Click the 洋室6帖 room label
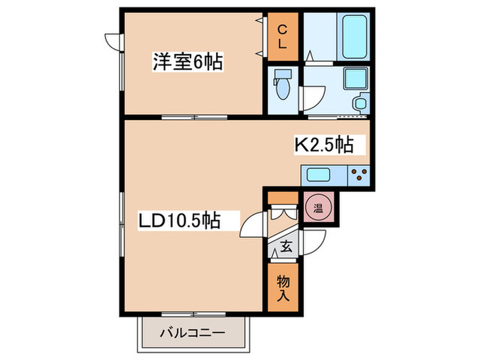(x=188, y=62)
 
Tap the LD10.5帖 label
(x=180, y=220)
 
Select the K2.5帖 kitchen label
(x=324, y=145)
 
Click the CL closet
(x=283, y=37)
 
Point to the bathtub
(x=355, y=37)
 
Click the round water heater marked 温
(x=318, y=209)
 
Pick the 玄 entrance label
(x=286, y=247)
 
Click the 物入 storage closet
(x=283, y=287)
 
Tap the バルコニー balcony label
(x=193, y=333)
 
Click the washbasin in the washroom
(x=361, y=103)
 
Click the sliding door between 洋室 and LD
(x=194, y=117)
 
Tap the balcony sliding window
(x=193, y=314)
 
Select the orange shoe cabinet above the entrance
(x=283, y=197)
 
